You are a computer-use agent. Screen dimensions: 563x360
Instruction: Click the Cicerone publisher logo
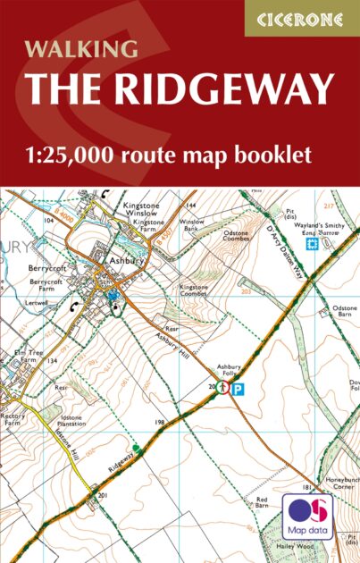301,18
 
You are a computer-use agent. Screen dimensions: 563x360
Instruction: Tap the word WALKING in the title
81,47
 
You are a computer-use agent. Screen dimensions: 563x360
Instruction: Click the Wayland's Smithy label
321,228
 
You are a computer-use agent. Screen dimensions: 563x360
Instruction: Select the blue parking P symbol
238,389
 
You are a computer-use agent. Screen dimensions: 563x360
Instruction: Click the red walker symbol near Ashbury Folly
222,388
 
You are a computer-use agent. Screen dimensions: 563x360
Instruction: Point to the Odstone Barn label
345,312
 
